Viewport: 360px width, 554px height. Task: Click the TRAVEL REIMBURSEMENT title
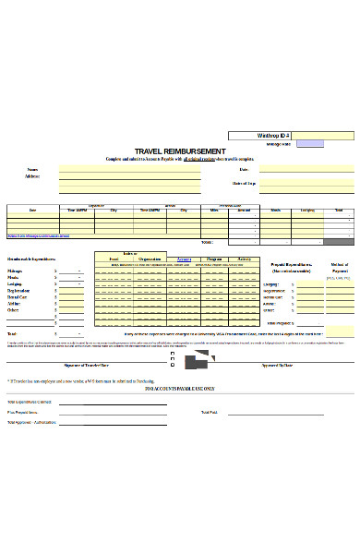pos(179,151)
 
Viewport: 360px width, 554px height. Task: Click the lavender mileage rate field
pos(310,144)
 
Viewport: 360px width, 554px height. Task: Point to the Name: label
pos(33,170)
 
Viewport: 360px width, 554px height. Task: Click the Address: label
pos(33,176)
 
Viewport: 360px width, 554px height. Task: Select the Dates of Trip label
pos(244,184)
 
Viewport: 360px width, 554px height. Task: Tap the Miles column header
pos(214,211)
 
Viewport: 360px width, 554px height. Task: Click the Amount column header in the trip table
pos(244,211)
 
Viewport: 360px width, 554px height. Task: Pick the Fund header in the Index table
pos(113,259)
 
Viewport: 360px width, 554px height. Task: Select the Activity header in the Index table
pos(244,259)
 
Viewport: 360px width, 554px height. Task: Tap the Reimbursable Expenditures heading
pos(31,259)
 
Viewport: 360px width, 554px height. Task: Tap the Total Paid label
pos(209,412)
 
